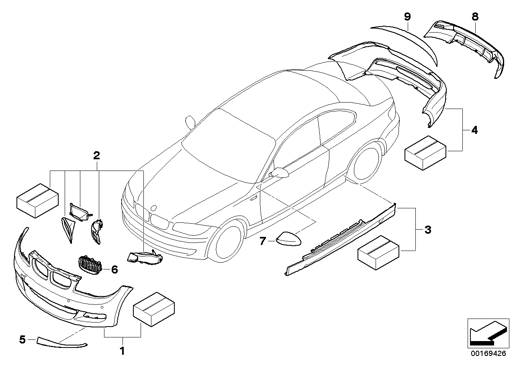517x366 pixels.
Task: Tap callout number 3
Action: click(428, 230)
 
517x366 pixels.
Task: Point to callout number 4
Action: click(474, 130)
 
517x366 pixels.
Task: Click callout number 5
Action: click(22, 340)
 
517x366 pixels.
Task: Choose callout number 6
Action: click(114, 269)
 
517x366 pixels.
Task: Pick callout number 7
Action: click(263, 241)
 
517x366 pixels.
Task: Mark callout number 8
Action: click(475, 16)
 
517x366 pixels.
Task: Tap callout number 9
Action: click(407, 16)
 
